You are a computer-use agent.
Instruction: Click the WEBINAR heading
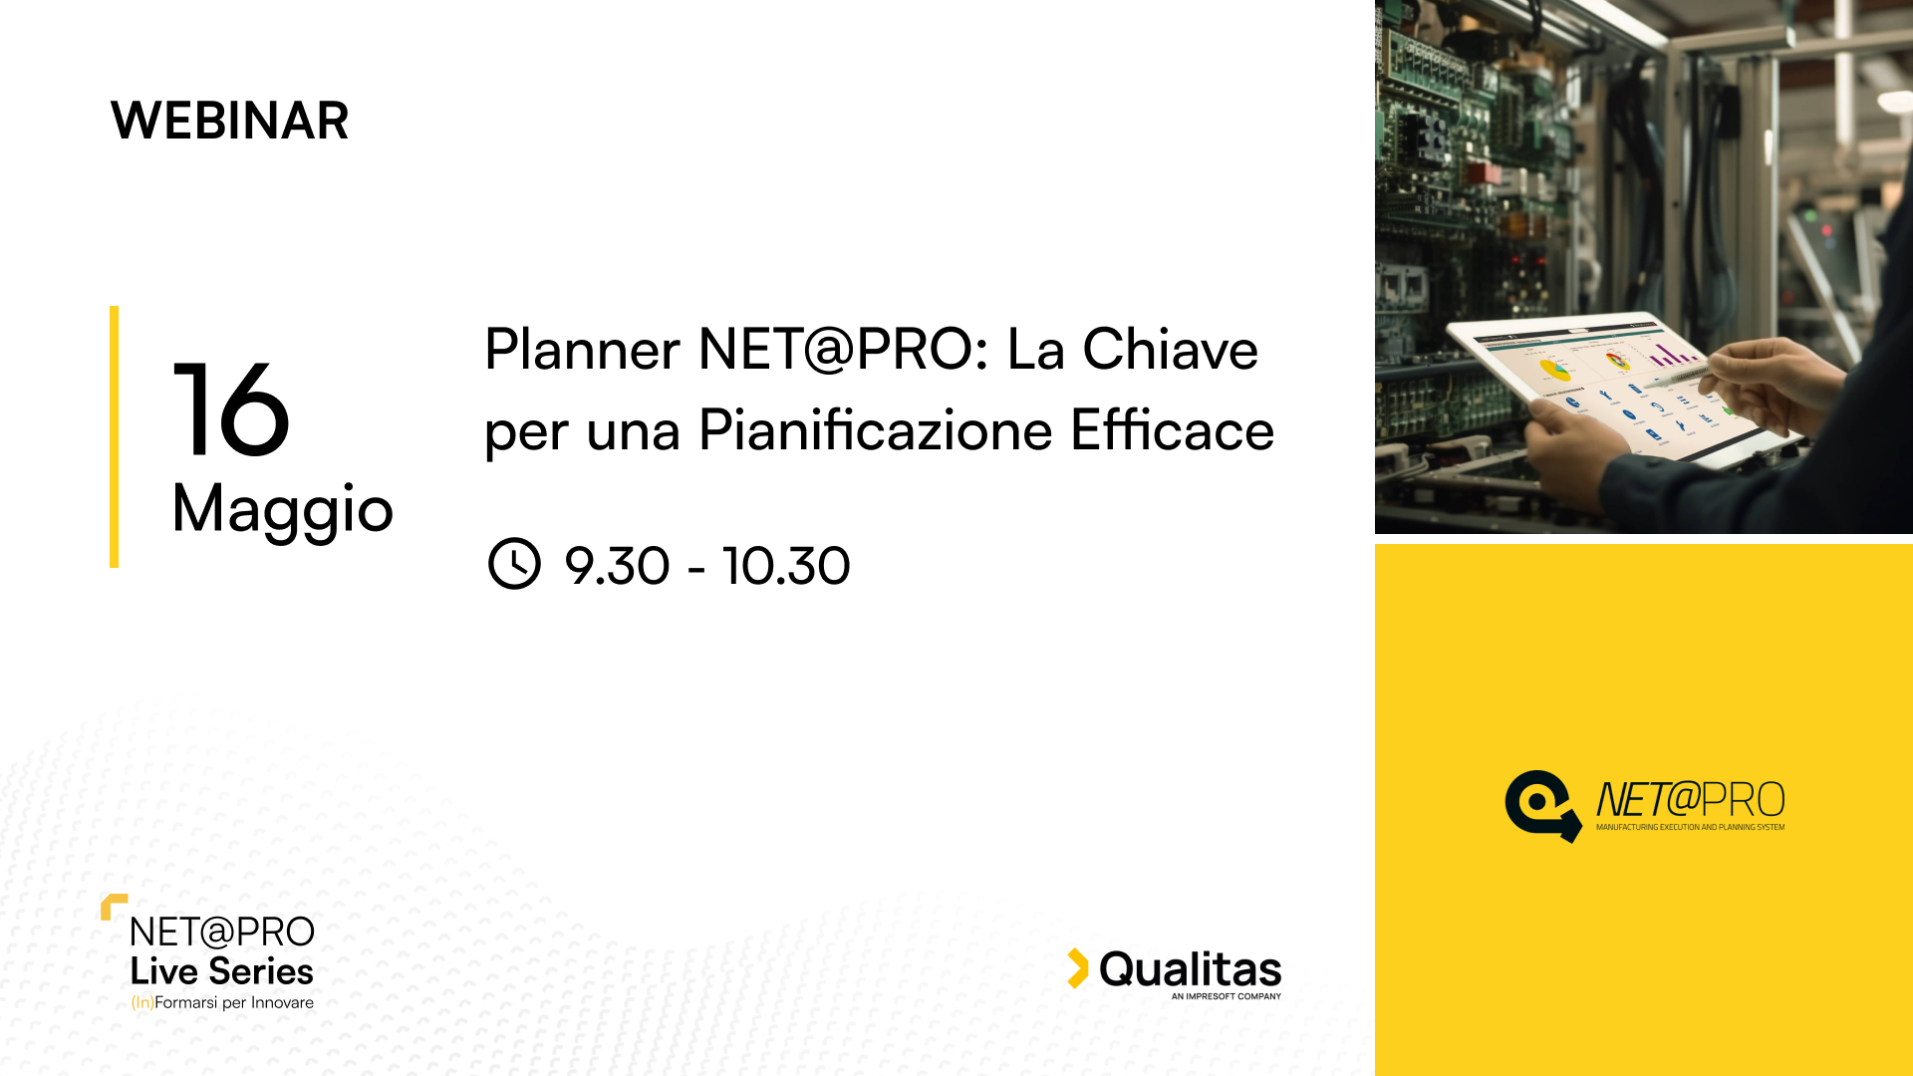coord(229,121)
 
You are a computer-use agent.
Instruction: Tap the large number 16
coord(231,409)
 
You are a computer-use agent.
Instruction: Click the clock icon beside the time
coord(514,564)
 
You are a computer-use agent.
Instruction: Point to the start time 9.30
coord(617,566)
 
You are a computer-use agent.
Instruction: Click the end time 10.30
coord(786,566)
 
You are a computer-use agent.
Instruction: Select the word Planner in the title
coord(583,350)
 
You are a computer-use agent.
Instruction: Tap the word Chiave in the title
coord(1171,350)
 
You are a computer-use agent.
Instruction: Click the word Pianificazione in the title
coord(876,430)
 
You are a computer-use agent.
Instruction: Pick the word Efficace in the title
coord(1173,430)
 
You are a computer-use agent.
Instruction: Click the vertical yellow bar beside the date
coord(114,436)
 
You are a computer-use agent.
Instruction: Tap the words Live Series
coord(221,971)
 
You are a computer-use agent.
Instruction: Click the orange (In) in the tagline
coord(142,1002)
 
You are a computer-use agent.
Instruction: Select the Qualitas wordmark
coord(1191,969)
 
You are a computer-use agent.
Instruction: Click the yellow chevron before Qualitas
coord(1078,968)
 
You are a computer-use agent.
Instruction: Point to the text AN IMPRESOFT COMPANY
coord(1227,996)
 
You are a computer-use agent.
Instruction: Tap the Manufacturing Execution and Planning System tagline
coord(1691,827)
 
